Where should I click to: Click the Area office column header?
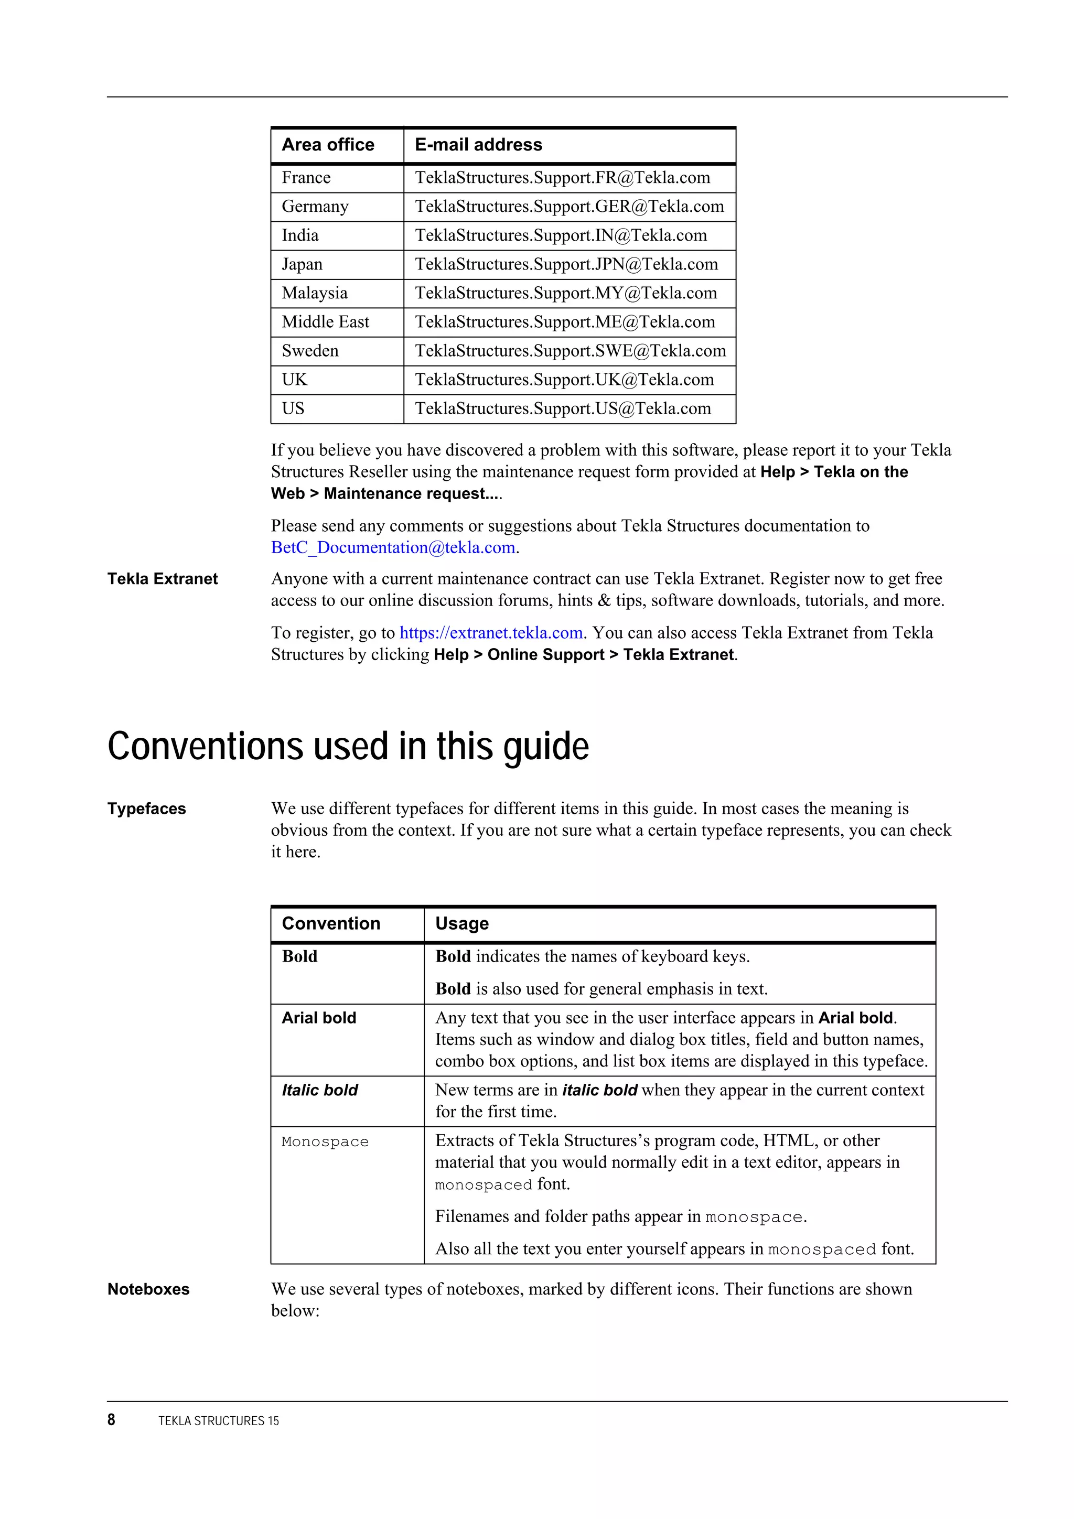(328, 145)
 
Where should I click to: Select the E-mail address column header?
(478, 145)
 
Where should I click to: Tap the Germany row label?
(315, 207)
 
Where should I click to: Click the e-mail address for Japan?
(566, 265)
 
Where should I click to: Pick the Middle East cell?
(325, 322)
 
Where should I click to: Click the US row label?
(293, 409)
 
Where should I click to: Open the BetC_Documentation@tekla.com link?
(393, 548)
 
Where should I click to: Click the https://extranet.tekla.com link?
(490, 633)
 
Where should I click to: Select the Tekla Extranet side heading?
(162, 579)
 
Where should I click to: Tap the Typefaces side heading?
(146, 809)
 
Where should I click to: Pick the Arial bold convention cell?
(319, 1018)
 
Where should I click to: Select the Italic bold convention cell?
(319, 1090)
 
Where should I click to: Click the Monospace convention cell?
(325, 1141)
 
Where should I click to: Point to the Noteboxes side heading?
(148, 1289)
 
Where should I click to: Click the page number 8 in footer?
(111, 1420)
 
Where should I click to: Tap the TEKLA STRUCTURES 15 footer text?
(218, 1420)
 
